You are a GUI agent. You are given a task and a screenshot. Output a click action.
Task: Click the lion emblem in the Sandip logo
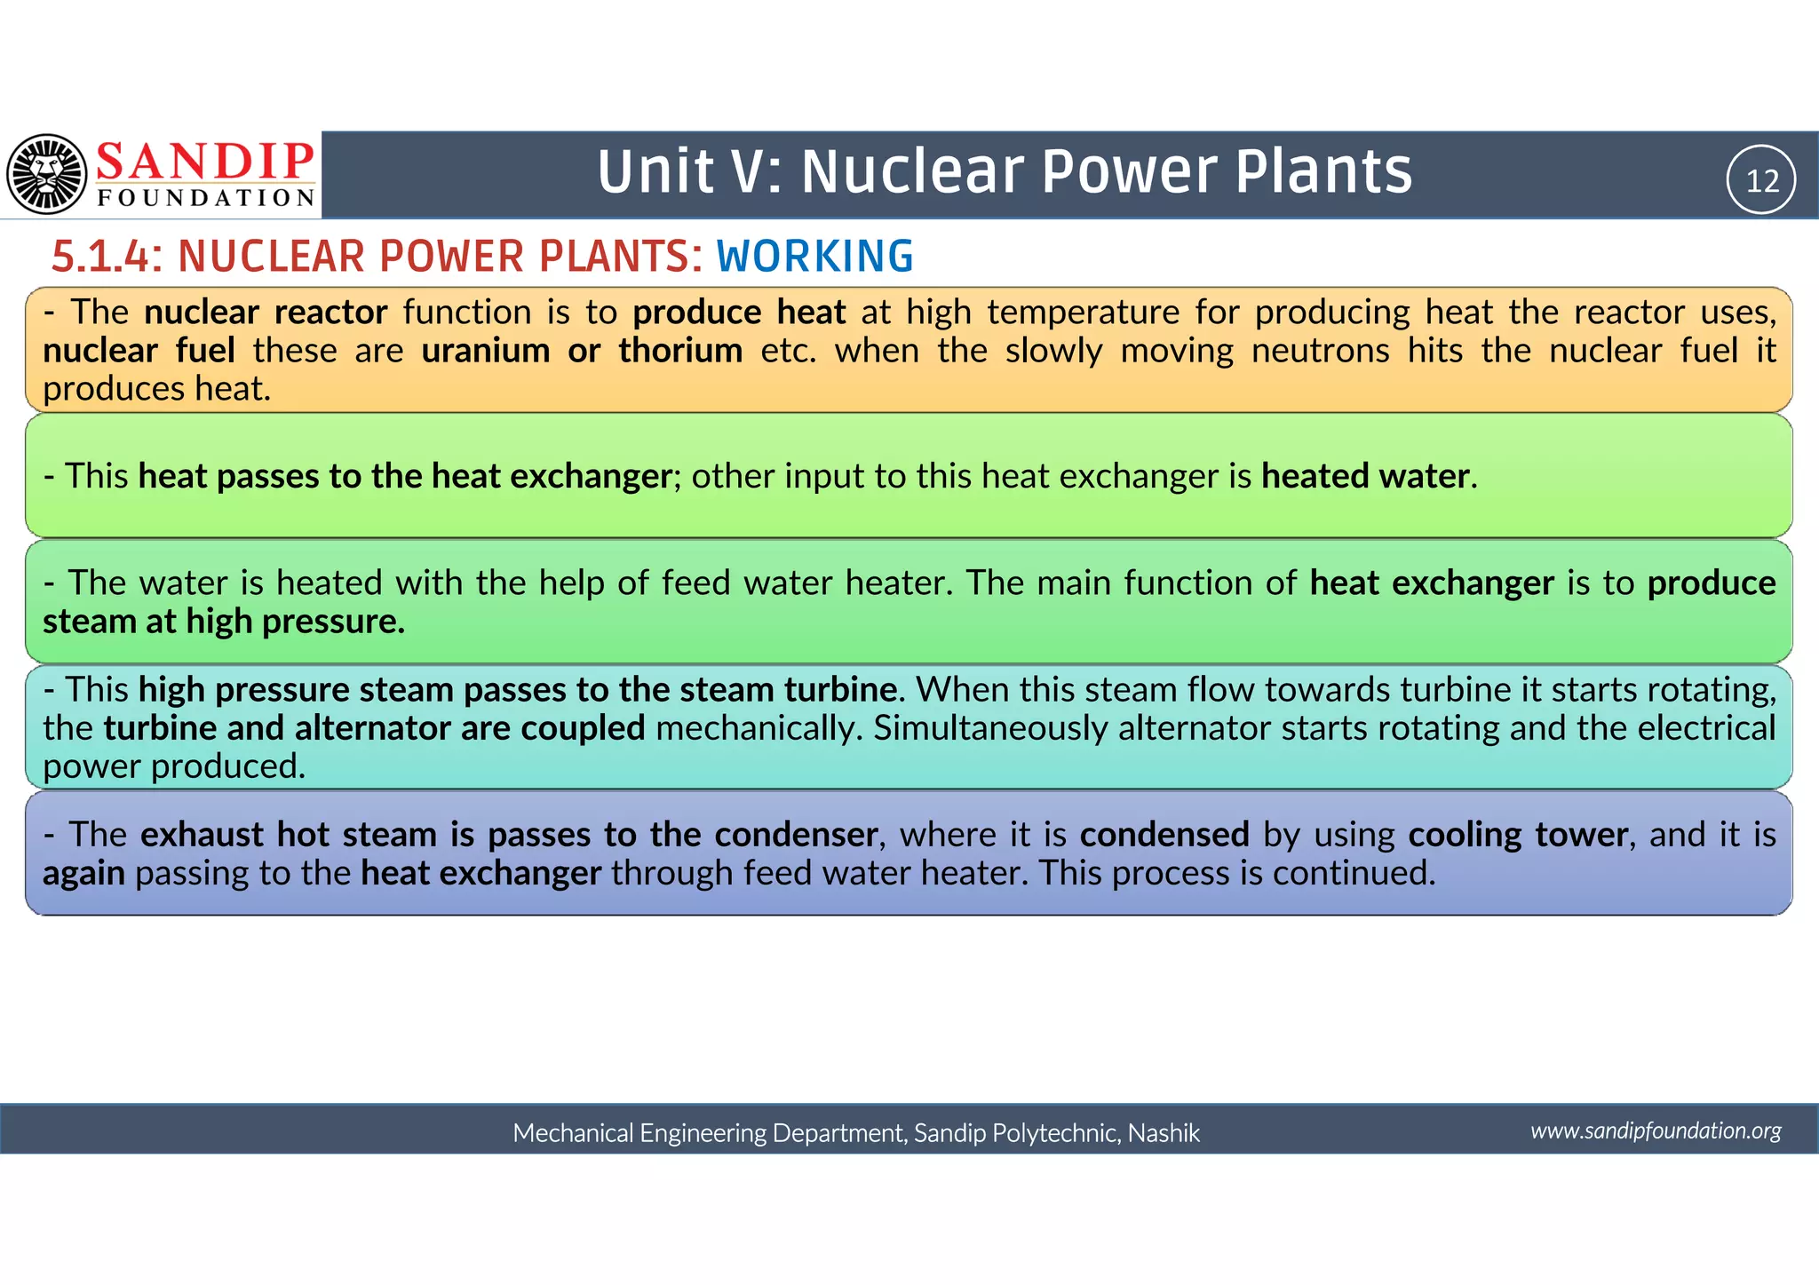click(x=46, y=174)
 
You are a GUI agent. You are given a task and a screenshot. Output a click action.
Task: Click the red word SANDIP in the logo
click(x=205, y=162)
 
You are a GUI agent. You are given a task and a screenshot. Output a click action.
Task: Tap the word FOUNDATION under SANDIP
click(x=205, y=198)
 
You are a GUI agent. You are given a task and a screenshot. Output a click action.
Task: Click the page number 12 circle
click(x=1761, y=180)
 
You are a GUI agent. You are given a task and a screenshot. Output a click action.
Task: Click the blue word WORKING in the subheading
click(x=814, y=257)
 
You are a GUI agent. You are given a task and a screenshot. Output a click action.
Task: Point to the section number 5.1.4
click(x=99, y=257)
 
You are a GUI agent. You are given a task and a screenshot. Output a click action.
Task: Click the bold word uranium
click(x=485, y=351)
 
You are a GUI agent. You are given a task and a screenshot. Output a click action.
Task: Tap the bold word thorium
click(x=680, y=351)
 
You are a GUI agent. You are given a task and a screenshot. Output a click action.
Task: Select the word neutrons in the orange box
click(x=1320, y=351)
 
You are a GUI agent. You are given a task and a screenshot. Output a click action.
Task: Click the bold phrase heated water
click(x=1365, y=476)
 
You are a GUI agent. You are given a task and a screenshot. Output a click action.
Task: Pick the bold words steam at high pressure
click(x=224, y=622)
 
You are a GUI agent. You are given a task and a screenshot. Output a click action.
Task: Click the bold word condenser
click(x=796, y=835)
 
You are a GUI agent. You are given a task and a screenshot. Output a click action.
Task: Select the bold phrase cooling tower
click(x=1518, y=835)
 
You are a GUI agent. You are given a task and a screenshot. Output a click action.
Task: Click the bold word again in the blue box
click(x=83, y=874)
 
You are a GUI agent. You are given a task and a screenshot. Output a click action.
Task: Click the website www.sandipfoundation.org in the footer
click(x=1656, y=1130)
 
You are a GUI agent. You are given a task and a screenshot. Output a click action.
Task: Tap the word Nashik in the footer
click(x=1164, y=1133)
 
